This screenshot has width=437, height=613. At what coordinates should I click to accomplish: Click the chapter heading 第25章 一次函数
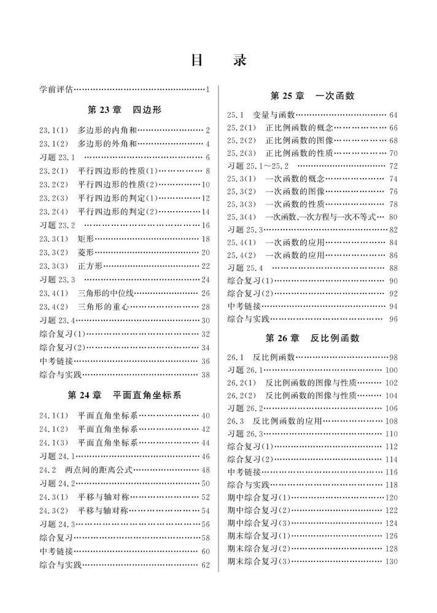point(312,96)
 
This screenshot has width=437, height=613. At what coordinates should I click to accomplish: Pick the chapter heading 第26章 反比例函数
point(312,338)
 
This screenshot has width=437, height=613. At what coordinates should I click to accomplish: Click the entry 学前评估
point(56,90)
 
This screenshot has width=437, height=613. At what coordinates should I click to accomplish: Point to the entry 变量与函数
point(273,115)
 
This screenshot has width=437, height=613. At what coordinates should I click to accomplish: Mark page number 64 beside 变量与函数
point(393,115)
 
